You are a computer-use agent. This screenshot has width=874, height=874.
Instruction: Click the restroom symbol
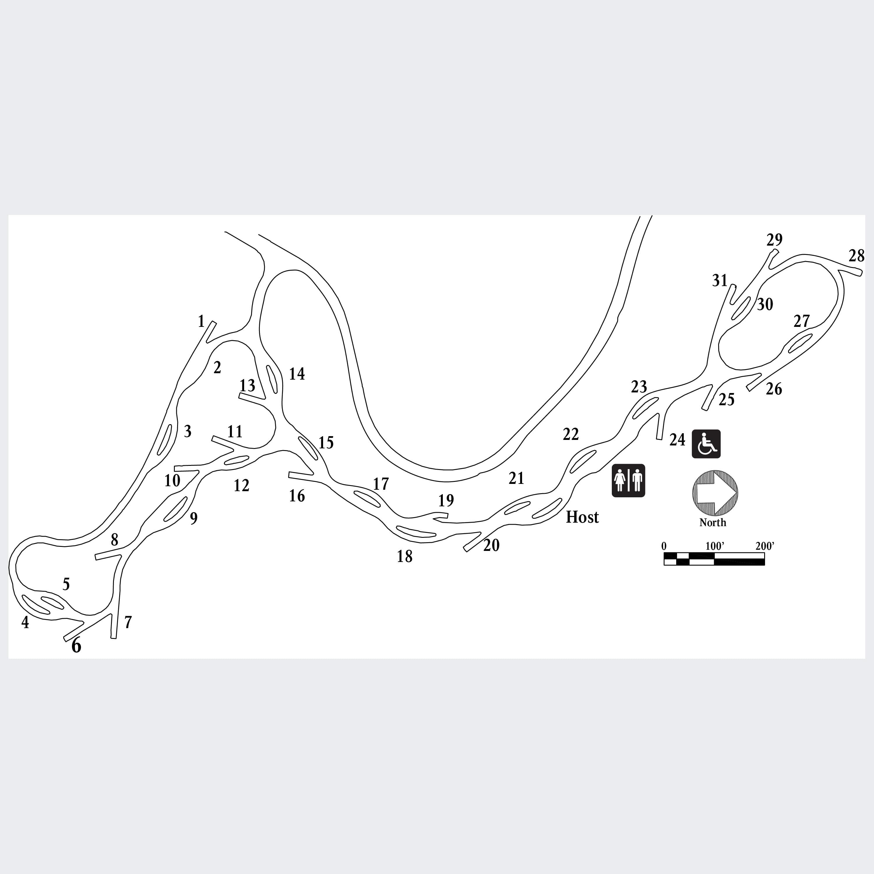point(628,480)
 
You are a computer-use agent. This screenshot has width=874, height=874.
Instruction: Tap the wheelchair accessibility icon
point(706,444)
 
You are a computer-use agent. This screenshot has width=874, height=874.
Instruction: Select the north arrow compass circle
point(715,493)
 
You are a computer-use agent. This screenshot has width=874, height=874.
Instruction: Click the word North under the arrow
point(713,522)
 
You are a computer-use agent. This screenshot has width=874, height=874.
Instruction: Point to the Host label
point(582,517)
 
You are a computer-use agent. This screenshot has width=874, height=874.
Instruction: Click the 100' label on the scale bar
point(715,546)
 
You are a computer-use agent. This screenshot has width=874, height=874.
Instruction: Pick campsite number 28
point(856,256)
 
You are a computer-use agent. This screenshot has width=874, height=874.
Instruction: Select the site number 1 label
point(201,321)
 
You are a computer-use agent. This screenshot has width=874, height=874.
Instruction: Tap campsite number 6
point(76,646)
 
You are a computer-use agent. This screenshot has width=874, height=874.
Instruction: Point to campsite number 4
point(25,623)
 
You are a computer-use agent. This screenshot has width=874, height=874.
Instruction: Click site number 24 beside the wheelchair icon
point(677,440)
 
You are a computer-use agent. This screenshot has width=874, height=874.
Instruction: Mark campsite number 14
point(297,374)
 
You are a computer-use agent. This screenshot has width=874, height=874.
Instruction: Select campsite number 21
point(516,478)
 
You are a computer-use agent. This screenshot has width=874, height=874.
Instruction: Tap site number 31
point(720,281)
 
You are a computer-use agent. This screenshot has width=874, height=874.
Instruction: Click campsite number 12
point(242,485)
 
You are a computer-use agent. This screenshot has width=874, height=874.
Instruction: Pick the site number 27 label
point(802,321)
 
